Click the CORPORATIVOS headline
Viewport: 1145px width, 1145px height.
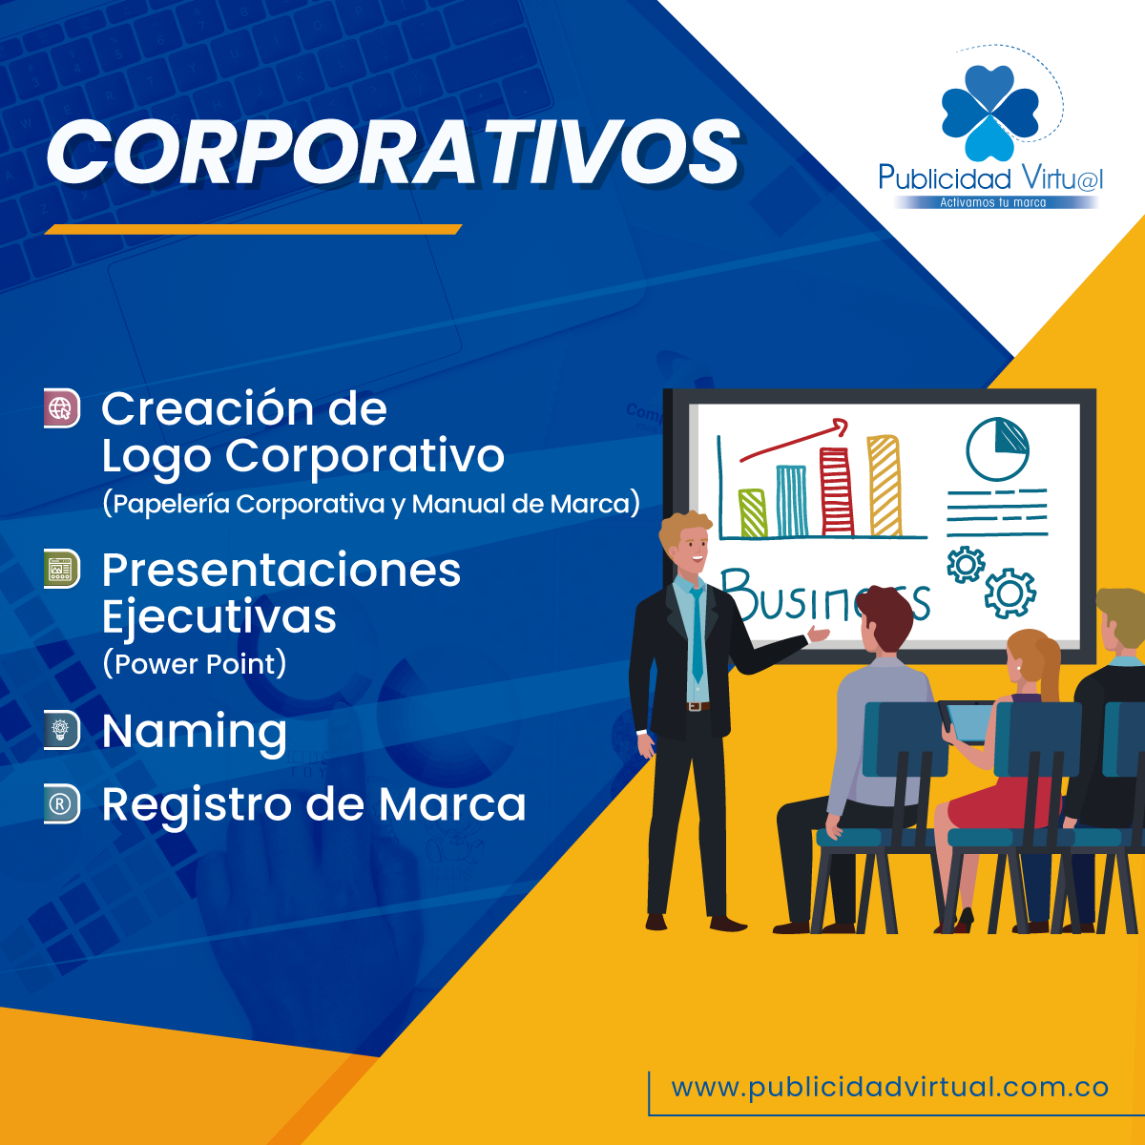[393, 153]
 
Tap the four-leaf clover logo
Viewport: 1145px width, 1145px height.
[989, 113]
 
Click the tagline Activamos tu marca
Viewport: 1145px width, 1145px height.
[993, 202]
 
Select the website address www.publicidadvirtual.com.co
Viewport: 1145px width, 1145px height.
[889, 1088]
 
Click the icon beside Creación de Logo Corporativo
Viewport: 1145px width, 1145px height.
[62, 408]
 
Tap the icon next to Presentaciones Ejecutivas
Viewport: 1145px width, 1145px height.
[62, 569]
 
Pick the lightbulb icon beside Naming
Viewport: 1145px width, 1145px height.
[62, 730]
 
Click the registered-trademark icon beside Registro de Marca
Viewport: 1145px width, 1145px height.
[62, 803]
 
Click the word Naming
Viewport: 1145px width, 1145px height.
[195, 733]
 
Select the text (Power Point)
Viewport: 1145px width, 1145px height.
[195, 664]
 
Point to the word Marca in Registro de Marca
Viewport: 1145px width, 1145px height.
[452, 805]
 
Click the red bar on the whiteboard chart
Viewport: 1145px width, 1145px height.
[836, 491]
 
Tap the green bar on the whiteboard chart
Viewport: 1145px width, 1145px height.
[753, 513]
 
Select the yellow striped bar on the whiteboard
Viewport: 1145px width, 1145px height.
[885, 486]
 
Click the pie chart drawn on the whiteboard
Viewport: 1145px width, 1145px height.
[997, 448]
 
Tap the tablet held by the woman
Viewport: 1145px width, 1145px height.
[968, 723]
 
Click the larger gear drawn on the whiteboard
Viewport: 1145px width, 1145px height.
[1010, 593]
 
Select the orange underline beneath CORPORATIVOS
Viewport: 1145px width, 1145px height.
[253, 229]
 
